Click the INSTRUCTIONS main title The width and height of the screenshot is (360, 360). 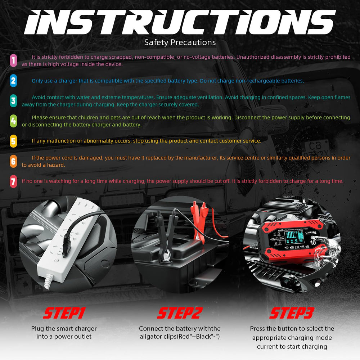pyautogui.click(x=180, y=22)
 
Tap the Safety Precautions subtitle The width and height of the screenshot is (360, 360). pyautogui.click(x=180, y=42)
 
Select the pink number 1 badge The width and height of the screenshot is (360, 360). pyautogui.click(x=13, y=60)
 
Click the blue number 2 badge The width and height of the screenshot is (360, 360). pyautogui.click(x=13, y=81)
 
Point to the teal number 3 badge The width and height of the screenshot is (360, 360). pyautogui.click(x=13, y=101)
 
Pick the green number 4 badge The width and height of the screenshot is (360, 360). pyautogui.click(x=13, y=121)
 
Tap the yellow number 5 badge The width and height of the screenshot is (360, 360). pyautogui.click(x=13, y=141)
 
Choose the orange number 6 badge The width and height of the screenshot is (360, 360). pyautogui.click(x=13, y=161)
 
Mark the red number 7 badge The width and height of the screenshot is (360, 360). pyautogui.click(x=13, y=181)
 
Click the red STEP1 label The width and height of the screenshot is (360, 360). pyautogui.click(x=64, y=313)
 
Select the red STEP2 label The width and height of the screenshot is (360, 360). pyautogui.click(x=180, y=313)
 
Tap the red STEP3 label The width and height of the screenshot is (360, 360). pyautogui.click(x=292, y=313)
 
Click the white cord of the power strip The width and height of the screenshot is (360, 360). pyautogui.click(x=48, y=281)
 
